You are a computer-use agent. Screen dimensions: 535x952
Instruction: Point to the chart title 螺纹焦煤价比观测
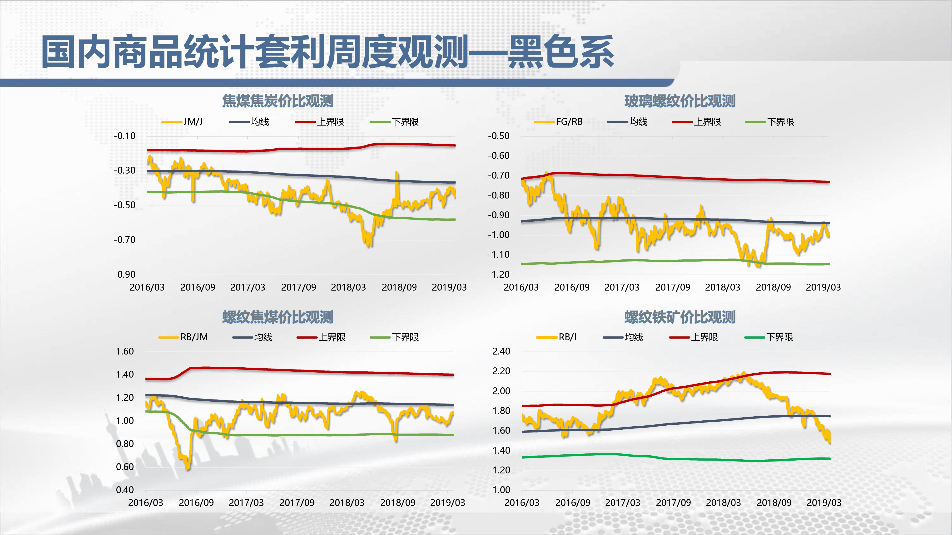(278, 317)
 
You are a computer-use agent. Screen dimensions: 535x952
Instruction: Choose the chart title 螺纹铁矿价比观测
(680, 317)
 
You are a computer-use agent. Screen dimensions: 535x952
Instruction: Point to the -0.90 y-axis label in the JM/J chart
(124, 274)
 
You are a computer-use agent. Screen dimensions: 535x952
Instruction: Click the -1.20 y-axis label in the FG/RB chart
(499, 274)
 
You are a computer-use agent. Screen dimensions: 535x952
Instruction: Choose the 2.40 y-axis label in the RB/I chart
(501, 351)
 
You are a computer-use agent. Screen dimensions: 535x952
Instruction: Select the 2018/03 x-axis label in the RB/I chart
(723, 502)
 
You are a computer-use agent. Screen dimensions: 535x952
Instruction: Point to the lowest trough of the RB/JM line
(187, 468)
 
